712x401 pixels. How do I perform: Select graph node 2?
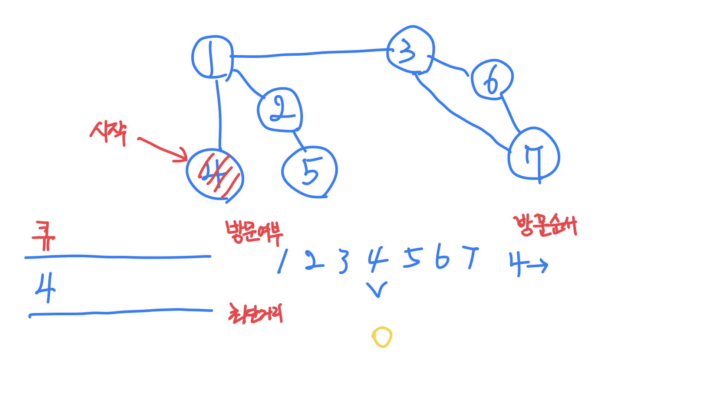point(280,110)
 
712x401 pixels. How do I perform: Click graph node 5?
point(310,172)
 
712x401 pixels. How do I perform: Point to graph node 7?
point(534,154)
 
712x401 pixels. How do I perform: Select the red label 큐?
point(44,236)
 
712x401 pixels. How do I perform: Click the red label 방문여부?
point(254,233)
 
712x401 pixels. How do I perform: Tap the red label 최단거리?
point(256,314)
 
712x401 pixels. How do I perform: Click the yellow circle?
point(382,337)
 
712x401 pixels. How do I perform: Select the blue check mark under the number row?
point(377,289)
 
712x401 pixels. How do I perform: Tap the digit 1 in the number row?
point(283,261)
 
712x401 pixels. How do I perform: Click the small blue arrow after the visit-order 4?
point(538,265)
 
